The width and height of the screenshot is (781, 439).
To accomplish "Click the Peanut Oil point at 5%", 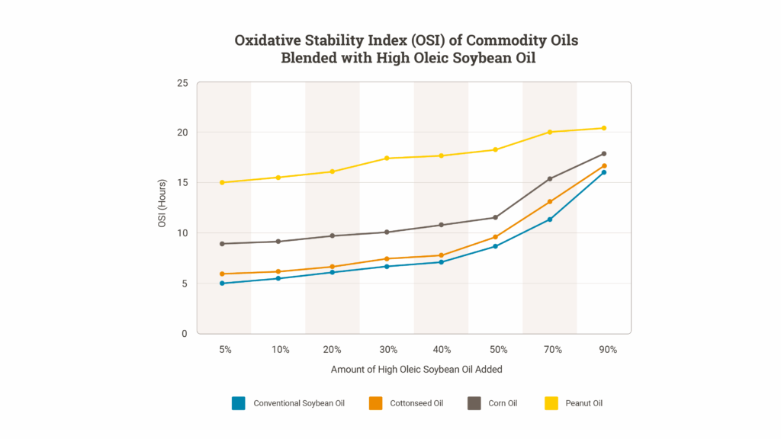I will [222, 182].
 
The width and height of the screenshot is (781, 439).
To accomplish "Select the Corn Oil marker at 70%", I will [550, 179].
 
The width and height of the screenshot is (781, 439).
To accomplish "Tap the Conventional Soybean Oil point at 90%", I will [604, 172].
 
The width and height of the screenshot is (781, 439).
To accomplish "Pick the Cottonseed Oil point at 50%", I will [496, 237].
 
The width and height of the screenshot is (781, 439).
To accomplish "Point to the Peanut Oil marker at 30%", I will [387, 158].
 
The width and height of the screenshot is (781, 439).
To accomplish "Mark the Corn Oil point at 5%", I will [222, 244].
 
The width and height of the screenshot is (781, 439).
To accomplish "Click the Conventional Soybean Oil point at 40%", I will [441, 262].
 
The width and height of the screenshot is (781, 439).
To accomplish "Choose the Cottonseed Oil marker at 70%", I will [550, 202].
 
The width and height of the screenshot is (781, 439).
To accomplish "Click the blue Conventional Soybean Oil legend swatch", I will [239, 403].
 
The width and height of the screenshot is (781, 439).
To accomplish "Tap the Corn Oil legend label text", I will [503, 403].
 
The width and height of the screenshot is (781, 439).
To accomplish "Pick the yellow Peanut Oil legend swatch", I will [551, 403].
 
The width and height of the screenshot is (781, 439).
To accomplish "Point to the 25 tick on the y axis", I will [182, 82].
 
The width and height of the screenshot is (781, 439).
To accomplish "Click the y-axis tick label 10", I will [182, 233].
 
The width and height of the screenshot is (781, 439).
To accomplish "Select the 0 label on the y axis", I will [185, 334].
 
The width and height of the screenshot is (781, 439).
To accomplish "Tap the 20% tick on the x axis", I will [333, 350].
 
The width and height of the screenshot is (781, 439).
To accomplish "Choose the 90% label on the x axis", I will [608, 350].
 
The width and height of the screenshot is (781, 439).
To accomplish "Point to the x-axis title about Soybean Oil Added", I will [416, 370].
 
